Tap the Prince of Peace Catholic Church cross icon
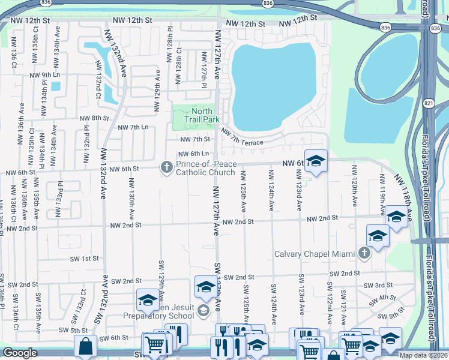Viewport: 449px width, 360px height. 166,168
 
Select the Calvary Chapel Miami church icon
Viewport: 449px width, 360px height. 364,253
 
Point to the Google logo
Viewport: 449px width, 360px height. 20,353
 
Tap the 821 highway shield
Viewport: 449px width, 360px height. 427,103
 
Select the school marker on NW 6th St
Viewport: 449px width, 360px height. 316,161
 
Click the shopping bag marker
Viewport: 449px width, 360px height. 86,346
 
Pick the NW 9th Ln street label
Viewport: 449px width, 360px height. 47,76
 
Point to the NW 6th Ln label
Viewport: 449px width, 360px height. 192,154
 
